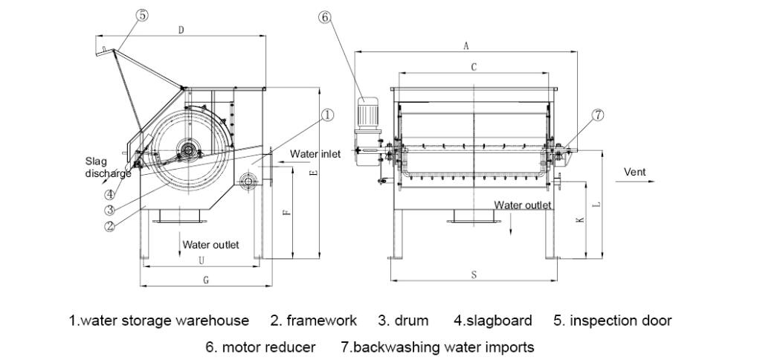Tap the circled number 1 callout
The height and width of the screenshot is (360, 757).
(327, 115)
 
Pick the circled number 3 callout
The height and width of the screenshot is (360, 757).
(109, 210)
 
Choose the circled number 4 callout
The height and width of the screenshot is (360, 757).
(109, 196)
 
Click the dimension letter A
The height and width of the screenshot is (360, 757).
(466, 45)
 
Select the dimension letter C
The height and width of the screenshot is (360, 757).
(474, 67)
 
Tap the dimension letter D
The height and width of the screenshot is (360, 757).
(182, 29)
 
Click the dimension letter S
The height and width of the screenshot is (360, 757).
(474, 275)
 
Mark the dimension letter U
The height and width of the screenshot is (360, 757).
(201, 260)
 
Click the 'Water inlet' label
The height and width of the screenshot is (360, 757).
(315, 154)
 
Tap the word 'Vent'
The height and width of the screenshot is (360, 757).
(634, 172)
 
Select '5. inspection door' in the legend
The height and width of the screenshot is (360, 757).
(612, 321)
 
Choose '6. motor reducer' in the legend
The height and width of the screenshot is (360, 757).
(260, 347)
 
